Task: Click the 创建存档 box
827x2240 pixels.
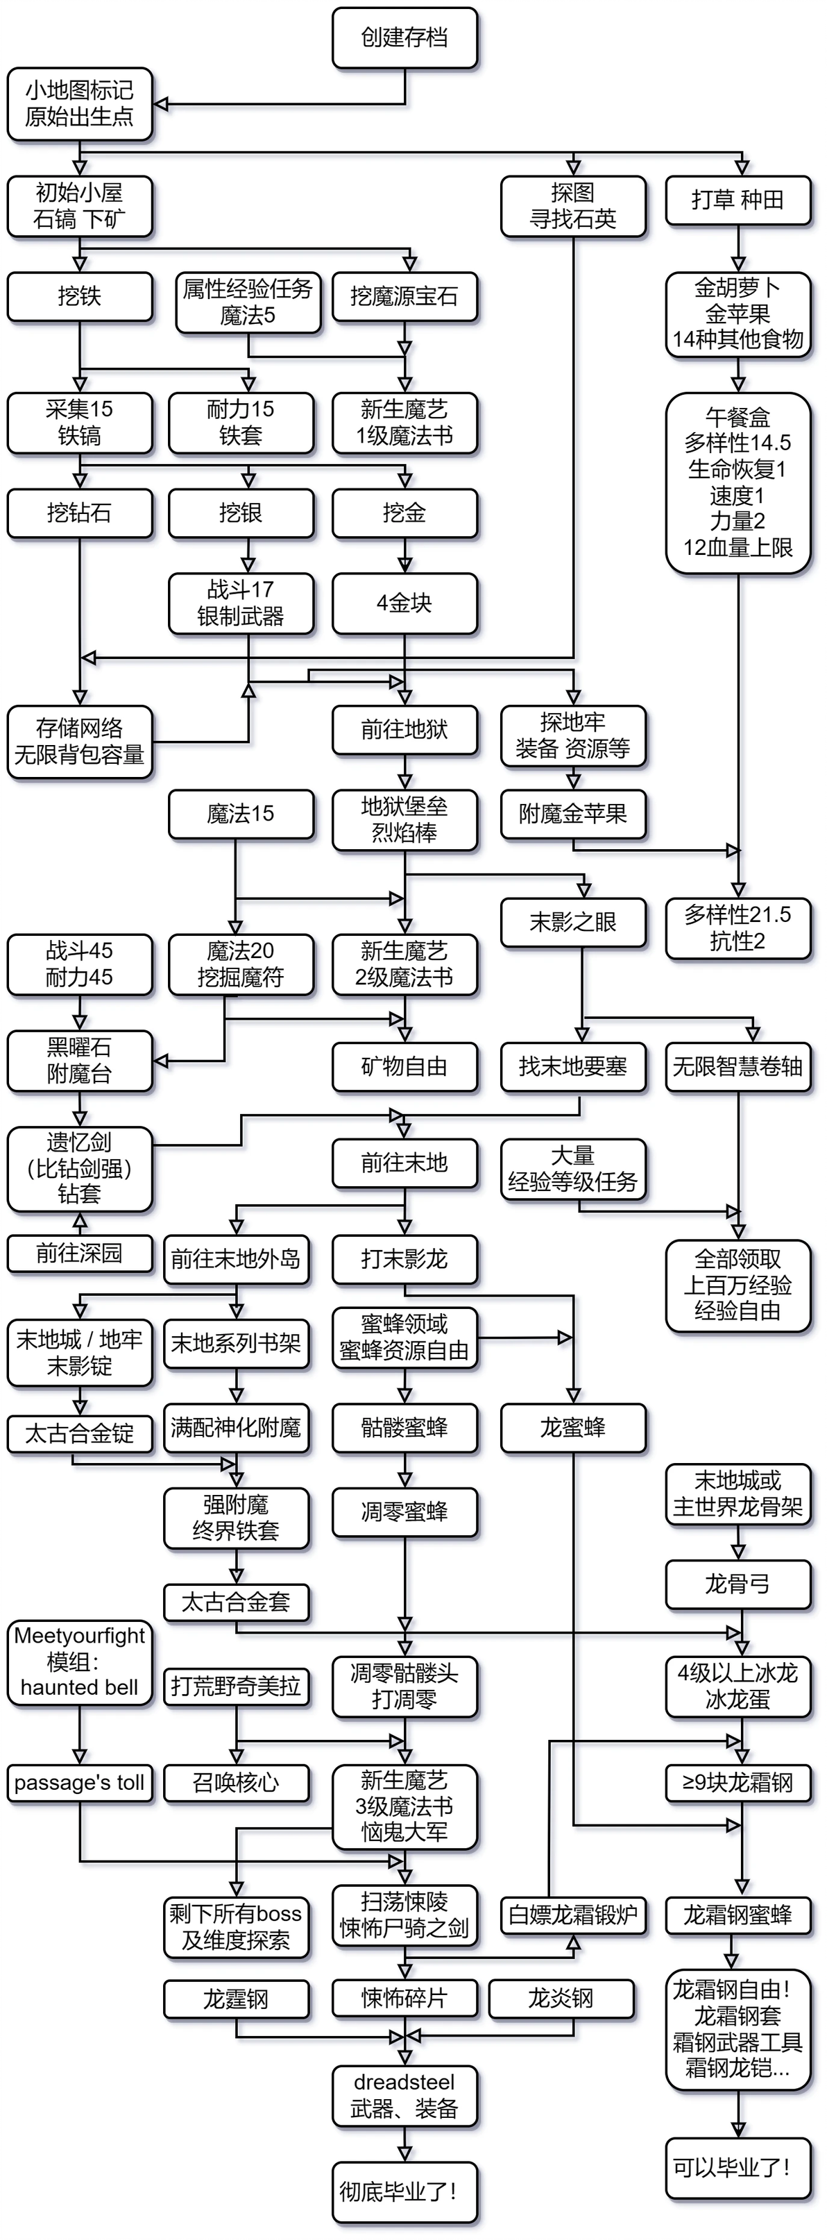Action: tap(404, 37)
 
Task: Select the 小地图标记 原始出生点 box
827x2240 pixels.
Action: tap(79, 103)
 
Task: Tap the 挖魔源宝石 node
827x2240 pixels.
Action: tap(404, 296)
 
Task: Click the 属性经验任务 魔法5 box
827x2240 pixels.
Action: tap(247, 302)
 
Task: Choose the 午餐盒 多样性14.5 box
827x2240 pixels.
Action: tap(738, 483)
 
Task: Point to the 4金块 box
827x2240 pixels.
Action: tap(404, 603)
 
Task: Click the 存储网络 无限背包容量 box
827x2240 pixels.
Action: tap(79, 742)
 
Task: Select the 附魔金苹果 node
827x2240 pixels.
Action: tap(573, 814)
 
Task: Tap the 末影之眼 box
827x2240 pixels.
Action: tap(573, 922)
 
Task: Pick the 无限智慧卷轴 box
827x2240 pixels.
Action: tap(738, 1066)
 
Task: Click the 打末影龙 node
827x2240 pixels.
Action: tap(404, 1258)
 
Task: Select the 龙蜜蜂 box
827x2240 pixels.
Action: tap(573, 1427)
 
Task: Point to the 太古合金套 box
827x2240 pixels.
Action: tap(236, 1602)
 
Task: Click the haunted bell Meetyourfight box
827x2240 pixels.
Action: tap(79, 1661)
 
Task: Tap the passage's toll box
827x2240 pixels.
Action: tap(79, 1783)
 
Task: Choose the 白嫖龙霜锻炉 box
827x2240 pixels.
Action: tap(573, 1914)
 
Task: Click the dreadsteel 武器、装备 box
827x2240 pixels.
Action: tap(404, 2096)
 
